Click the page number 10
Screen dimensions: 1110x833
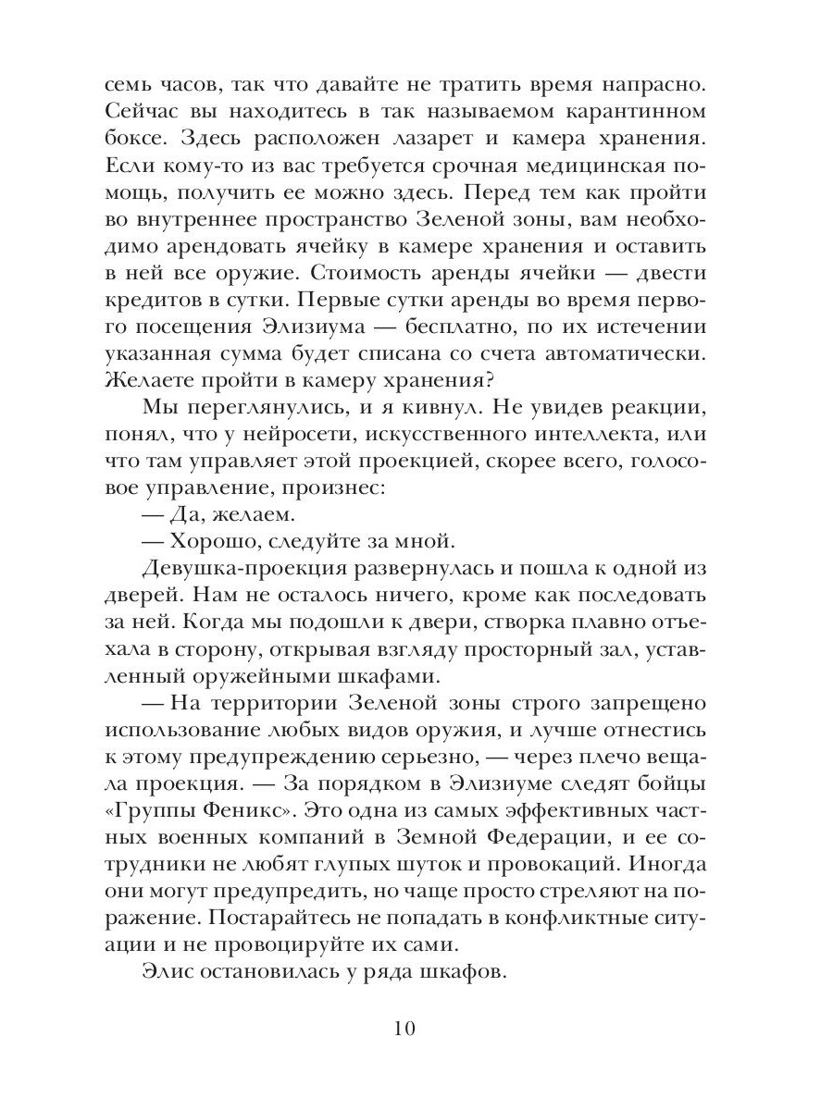tap(416, 1030)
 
